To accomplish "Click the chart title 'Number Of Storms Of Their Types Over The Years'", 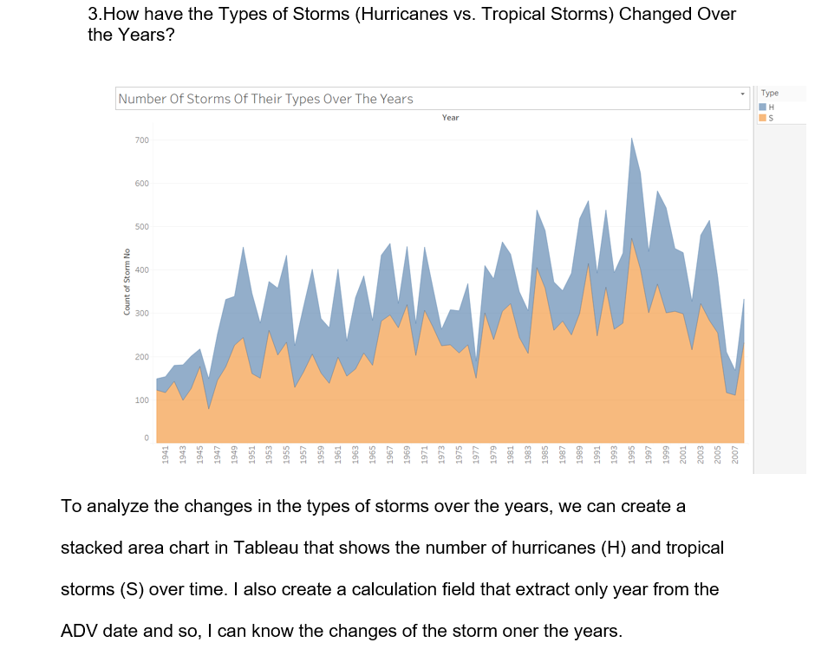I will point(265,99).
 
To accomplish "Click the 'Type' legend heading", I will point(769,94).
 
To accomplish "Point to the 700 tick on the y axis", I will point(142,140).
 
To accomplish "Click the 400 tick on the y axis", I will point(142,270).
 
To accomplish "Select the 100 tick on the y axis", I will point(142,400).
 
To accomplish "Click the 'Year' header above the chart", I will point(450,117).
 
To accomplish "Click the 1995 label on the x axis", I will point(632,459).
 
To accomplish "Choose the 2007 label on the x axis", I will point(735,459).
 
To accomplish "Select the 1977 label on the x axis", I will point(476,459).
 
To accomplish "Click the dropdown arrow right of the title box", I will point(742,92).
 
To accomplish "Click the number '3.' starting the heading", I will point(96,15).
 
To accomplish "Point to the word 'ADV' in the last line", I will point(80,630).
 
